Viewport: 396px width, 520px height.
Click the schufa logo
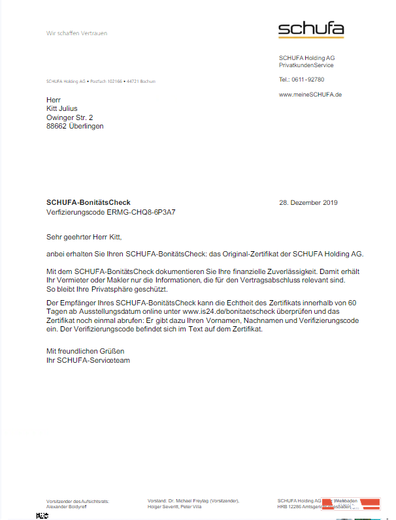pyautogui.click(x=310, y=30)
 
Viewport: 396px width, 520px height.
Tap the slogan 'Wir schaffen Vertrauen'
pyautogui.click(x=76, y=33)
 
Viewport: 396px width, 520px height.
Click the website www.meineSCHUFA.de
pyautogui.click(x=310, y=95)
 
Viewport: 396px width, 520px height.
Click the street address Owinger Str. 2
pyautogui.click(x=69, y=117)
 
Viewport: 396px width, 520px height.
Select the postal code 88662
pyautogui.click(x=57, y=127)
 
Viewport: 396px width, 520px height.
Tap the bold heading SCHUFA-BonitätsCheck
pyautogui.click(x=88, y=203)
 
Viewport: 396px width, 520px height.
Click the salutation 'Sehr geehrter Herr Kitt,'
pyautogui.click(x=84, y=237)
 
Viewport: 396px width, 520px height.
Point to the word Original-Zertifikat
pyautogui.click(x=256, y=254)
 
